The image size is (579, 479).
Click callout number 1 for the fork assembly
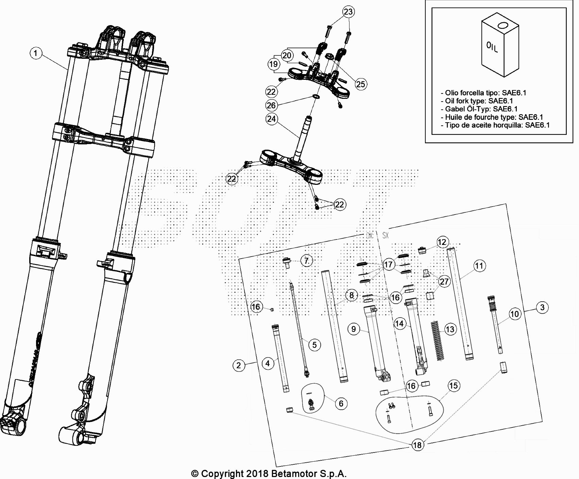point(36,53)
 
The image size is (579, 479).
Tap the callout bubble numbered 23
point(348,12)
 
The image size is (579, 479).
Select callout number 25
point(360,84)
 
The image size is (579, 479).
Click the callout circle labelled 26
point(271,105)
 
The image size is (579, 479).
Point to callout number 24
point(271,119)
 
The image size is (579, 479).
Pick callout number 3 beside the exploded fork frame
point(542,307)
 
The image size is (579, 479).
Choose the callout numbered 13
point(449,329)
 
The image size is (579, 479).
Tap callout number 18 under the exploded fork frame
point(417,445)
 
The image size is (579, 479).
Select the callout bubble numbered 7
point(306,261)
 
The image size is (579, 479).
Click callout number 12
point(442,242)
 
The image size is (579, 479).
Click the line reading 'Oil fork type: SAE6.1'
point(479,101)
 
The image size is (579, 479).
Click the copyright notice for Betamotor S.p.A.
point(269,473)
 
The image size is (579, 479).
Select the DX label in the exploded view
point(369,235)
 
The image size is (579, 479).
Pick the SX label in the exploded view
point(385,235)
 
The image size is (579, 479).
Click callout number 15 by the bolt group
point(453,386)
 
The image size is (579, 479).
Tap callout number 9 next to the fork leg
point(354,329)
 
